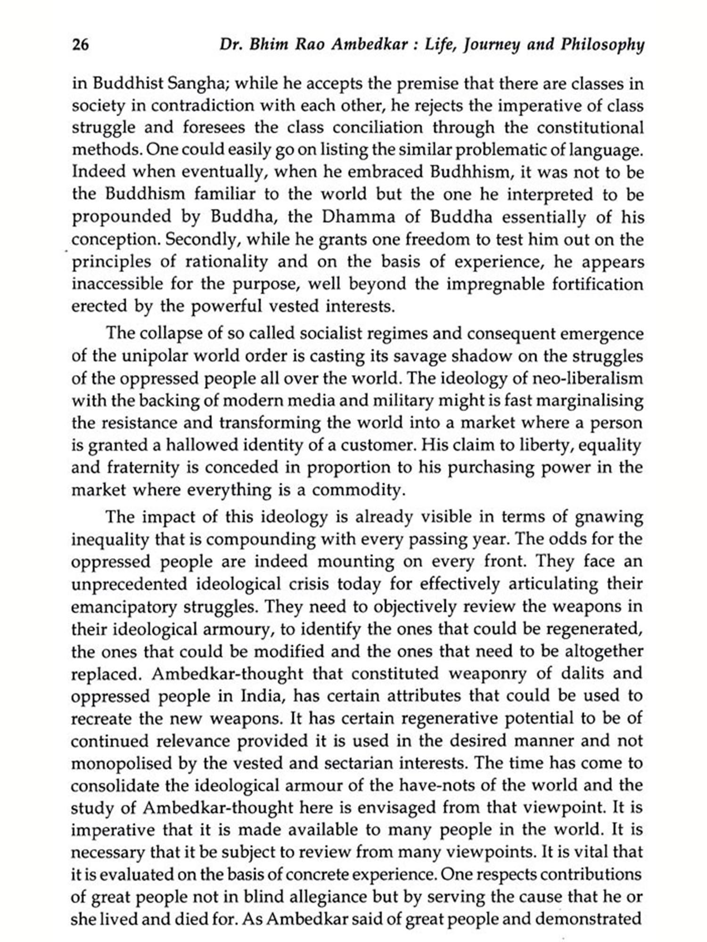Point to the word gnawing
608,517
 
